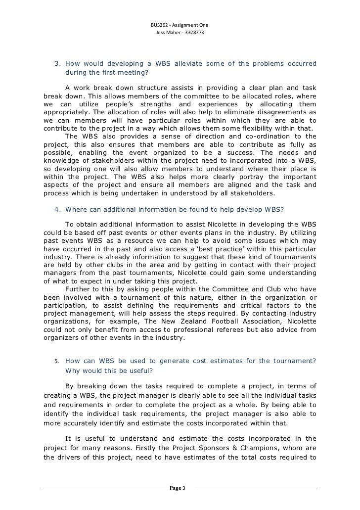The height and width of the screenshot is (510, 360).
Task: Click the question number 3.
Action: pyautogui.click(x=57, y=64)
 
